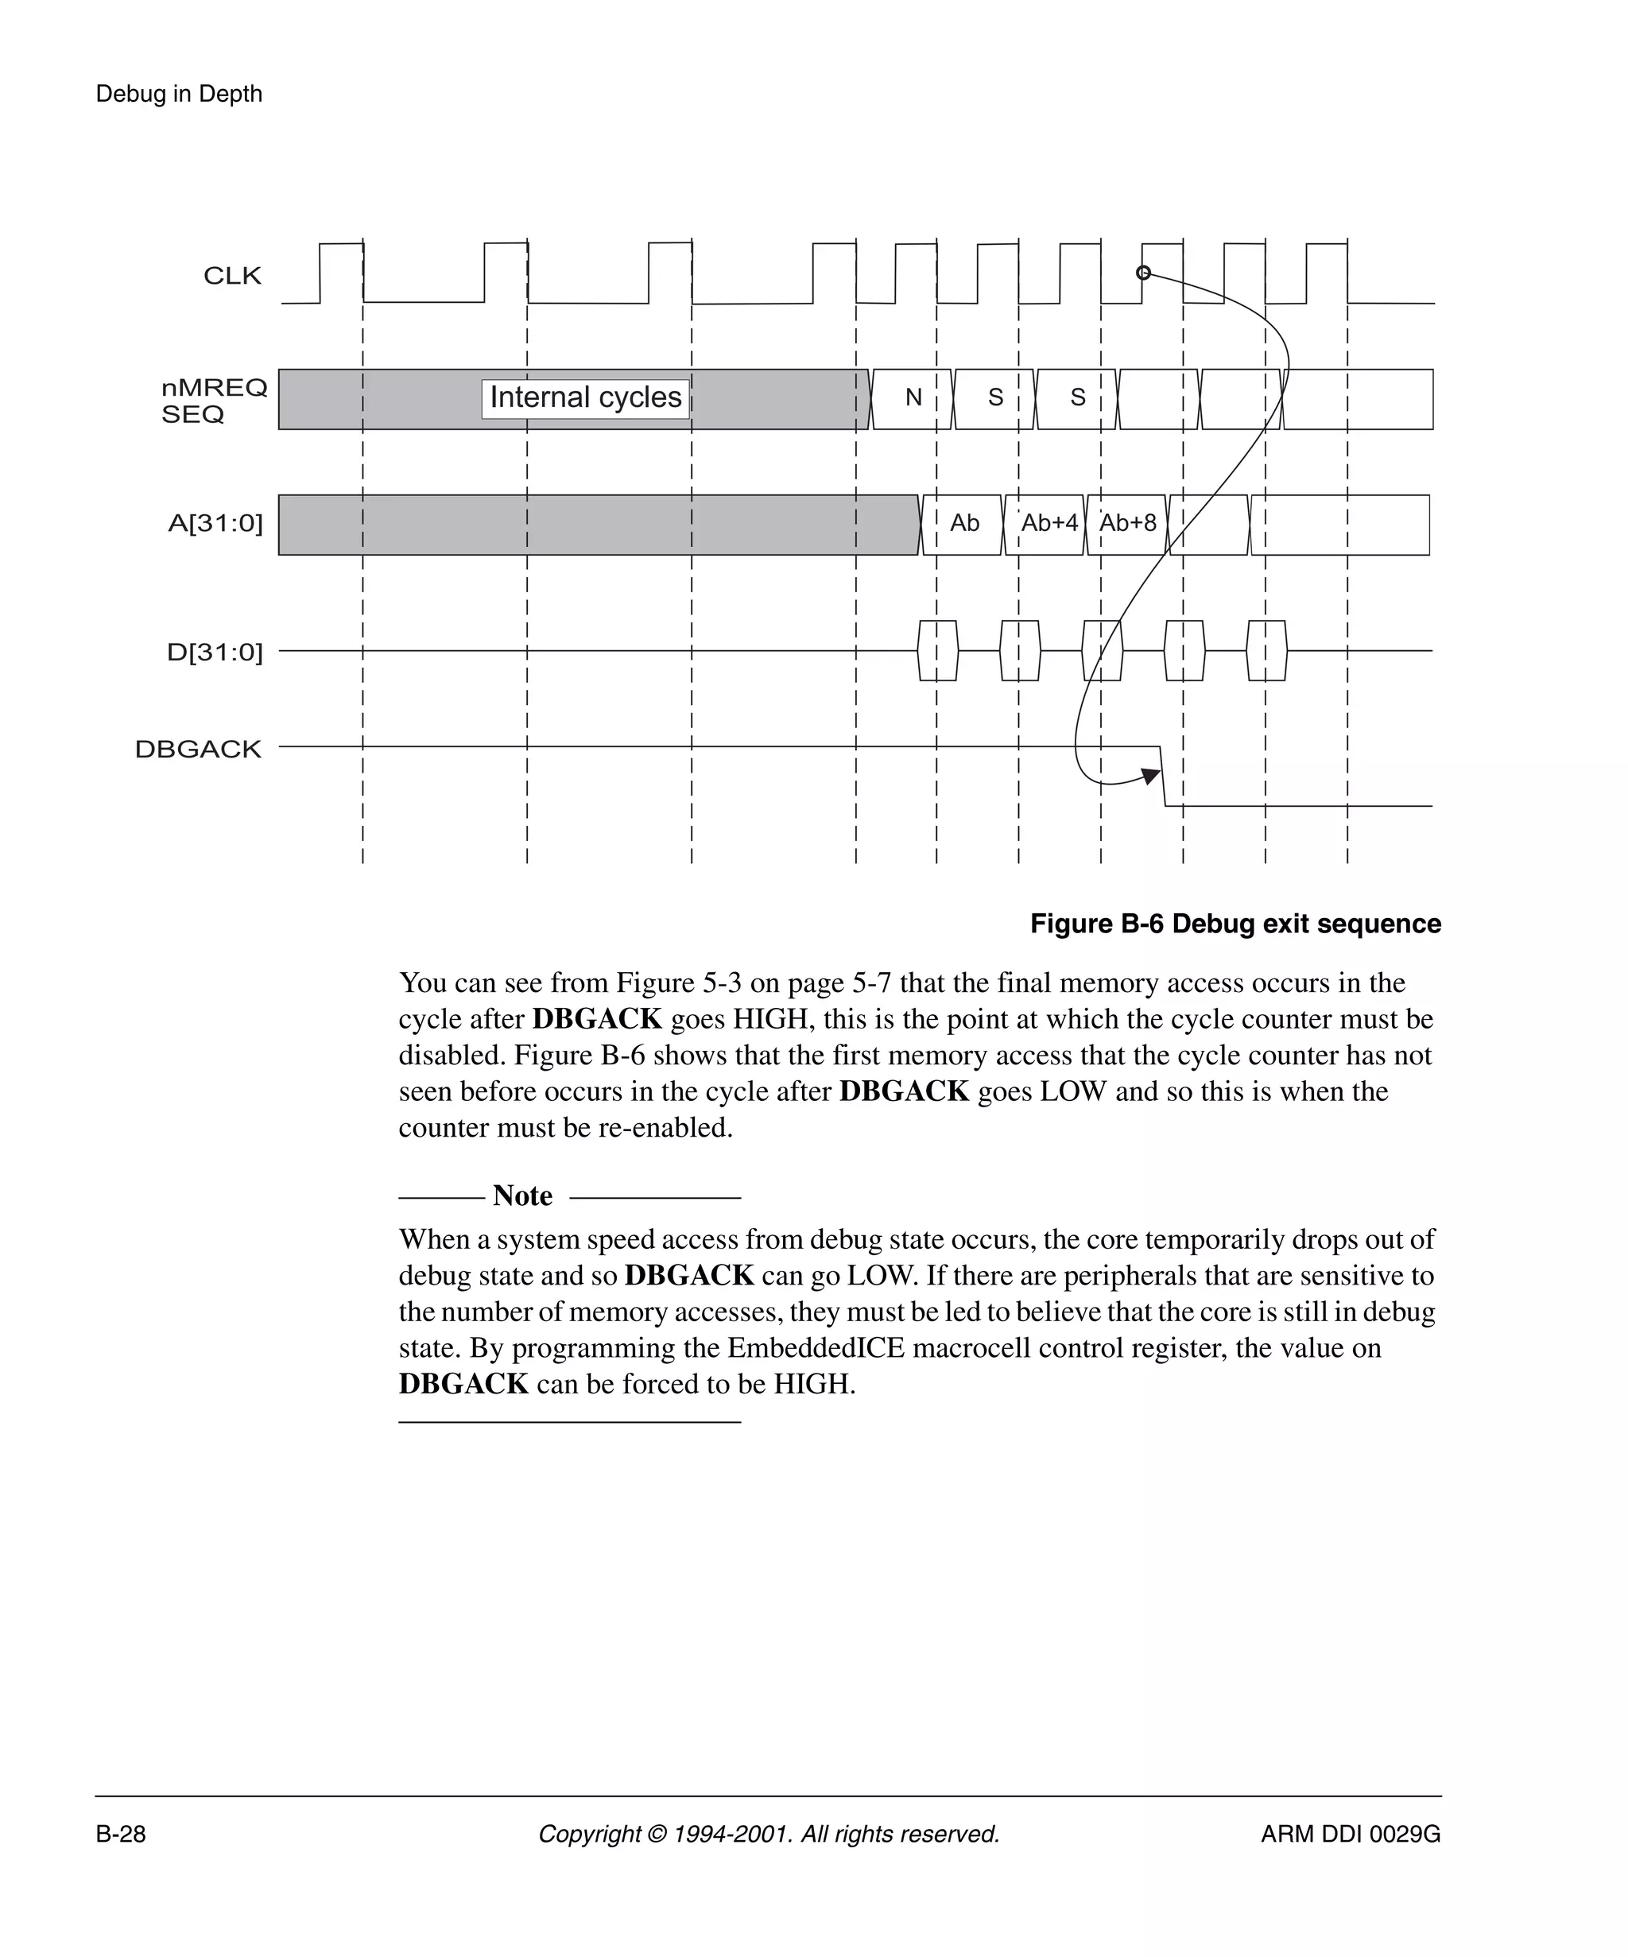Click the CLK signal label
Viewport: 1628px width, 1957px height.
(232, 276)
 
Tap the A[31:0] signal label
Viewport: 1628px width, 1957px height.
(215, 524)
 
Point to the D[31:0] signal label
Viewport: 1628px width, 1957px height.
(215, 653)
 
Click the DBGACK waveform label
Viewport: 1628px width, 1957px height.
(198, 750)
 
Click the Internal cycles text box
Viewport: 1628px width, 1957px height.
(585, 398)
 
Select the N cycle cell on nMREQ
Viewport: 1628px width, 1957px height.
(913, 398)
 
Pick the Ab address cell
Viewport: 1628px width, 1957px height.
(963, 524)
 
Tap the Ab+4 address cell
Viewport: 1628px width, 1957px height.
(1049, 524)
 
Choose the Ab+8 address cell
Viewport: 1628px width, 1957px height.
(1126, 524)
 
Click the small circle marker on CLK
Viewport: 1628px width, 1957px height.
(1143, 273)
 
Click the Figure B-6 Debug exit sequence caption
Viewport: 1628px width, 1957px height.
(1235, 924)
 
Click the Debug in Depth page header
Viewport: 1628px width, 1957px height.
(179, 94)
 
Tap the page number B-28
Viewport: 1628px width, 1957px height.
(120, 1834)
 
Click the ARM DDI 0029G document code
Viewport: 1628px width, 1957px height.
(1351, 1834)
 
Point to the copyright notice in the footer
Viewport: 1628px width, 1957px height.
(769, 1834)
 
